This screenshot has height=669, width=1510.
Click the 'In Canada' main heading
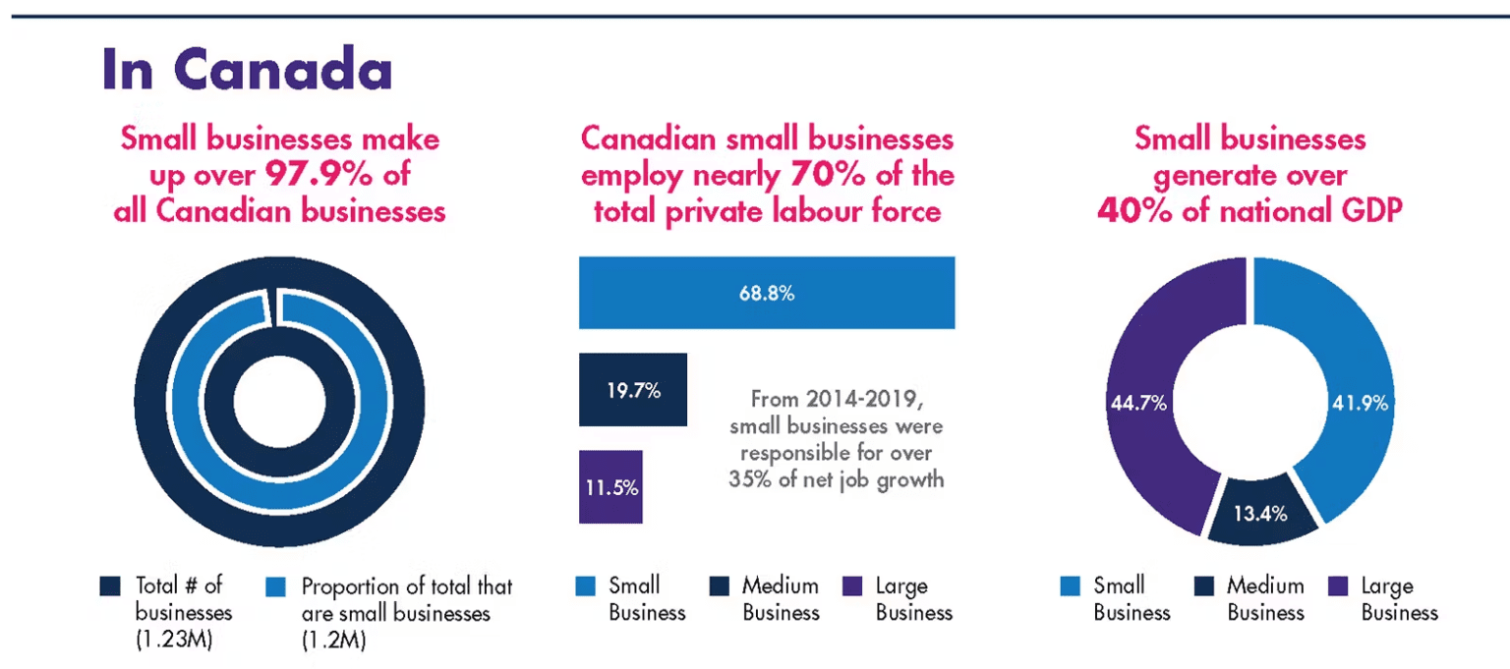coord(247,71)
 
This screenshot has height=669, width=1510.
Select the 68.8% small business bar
coord(767,293)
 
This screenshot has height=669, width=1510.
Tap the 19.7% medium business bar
coord(632,390)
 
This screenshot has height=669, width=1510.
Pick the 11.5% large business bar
coord(610,487)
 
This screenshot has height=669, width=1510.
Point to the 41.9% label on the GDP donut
coord(1360,403)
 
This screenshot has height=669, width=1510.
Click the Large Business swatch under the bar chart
coord(854,586)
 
